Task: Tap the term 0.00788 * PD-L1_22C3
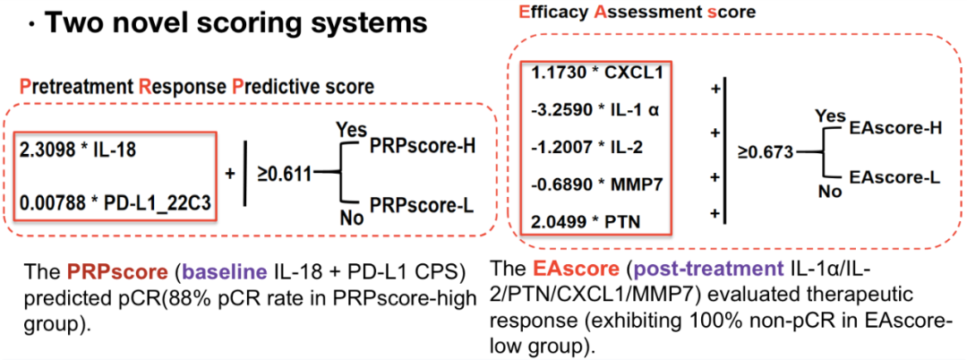(x=114, y=205)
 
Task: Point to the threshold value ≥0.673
(x=766, y=152)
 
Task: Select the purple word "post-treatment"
(x=656, y=268)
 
